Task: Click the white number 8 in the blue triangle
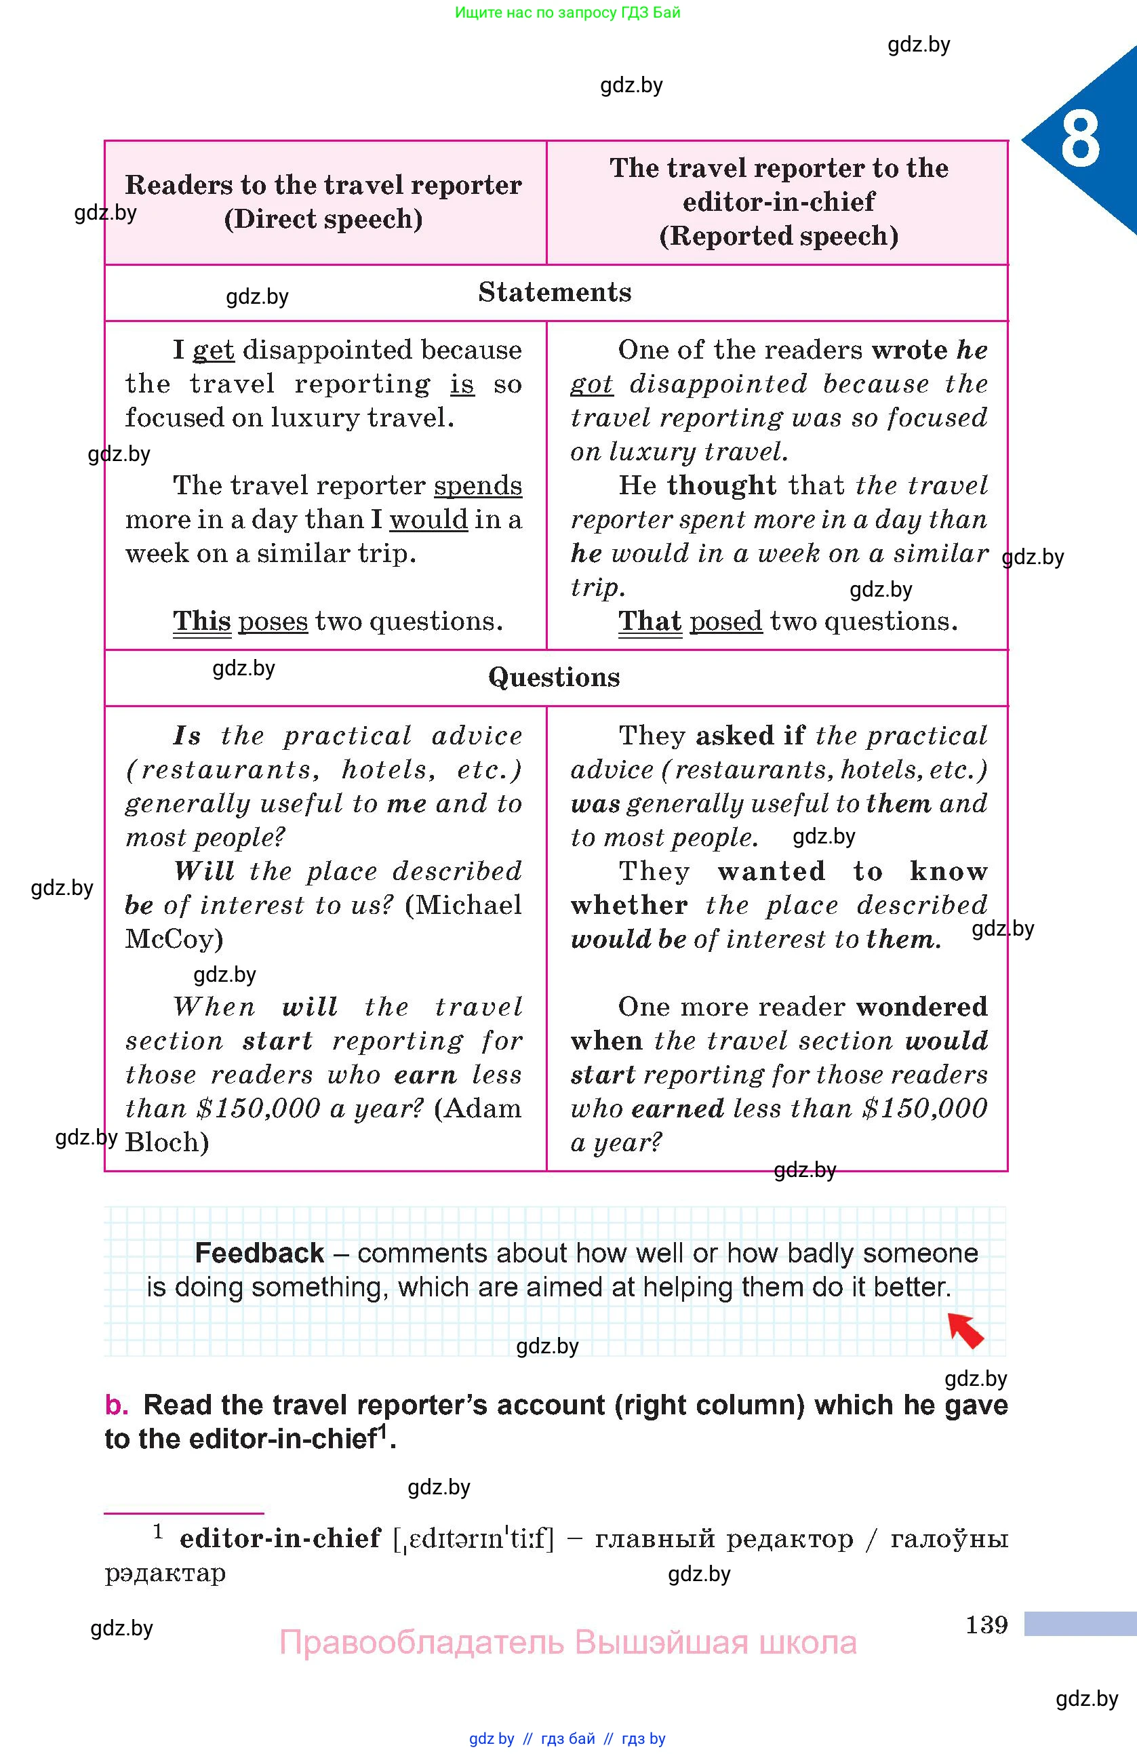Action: tap(1079, 138)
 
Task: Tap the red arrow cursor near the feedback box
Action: tap(965, 1330)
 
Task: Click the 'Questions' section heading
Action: tap(554, 677)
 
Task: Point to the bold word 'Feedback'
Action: tap(260, 1253)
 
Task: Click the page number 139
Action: tap(986, 1625)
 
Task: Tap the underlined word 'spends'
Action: tap(477, 485)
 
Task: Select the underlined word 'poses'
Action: tap(273, 621)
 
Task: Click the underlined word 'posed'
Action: tap(726, 621)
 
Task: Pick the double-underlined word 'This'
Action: tap(202, 621)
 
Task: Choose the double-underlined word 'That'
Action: tap(650, 621)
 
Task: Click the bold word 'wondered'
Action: tap(921, 1007)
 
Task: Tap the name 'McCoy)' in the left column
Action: tap(174, 939)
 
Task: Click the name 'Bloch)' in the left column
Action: tap(167, 1142)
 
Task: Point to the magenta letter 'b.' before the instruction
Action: tap(117, 1405)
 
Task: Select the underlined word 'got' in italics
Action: tap(592, 384)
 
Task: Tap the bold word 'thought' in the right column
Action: tap(721, 485)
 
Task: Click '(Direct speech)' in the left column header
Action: tap(323, 219)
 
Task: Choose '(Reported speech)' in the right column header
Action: tap(778, 236)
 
